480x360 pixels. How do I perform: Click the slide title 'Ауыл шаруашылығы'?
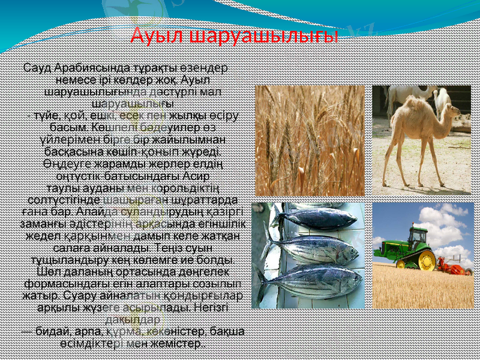[234, 35]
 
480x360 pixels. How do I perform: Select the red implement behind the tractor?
[456, 266]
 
